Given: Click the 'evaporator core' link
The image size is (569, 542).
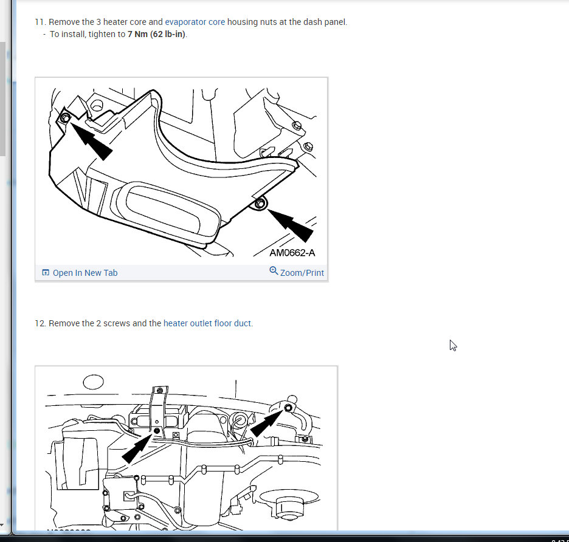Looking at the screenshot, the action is [195, 22].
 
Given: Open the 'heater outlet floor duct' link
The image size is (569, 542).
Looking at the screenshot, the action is [207, 323].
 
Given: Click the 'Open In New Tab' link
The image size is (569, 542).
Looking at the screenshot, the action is [85, 273].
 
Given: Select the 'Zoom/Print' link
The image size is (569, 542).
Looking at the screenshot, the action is [302, 273].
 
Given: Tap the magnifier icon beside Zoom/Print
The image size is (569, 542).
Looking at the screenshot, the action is [274, 271].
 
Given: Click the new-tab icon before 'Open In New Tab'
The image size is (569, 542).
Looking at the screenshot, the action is [46, 272].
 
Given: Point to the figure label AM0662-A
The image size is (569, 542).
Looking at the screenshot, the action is [292, 253].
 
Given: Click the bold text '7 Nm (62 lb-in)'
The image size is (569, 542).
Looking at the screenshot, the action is [156, 34].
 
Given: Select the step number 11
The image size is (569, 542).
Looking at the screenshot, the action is [40, 22].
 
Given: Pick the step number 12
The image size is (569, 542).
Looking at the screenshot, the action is [40, 323].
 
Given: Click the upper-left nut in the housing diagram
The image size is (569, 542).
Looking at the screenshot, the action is [65, 118].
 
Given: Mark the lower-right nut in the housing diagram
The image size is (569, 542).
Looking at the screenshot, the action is [260, 204].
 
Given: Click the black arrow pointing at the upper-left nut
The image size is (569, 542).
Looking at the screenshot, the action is [91, 141].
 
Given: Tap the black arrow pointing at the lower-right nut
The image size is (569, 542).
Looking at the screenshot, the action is [291, 225].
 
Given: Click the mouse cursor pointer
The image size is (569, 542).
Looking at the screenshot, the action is [453, 346].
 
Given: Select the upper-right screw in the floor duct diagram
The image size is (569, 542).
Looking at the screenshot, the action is [288, 408].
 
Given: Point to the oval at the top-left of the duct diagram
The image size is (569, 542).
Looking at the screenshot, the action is [93, 382].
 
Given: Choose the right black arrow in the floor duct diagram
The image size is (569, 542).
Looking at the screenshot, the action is [267, 423].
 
